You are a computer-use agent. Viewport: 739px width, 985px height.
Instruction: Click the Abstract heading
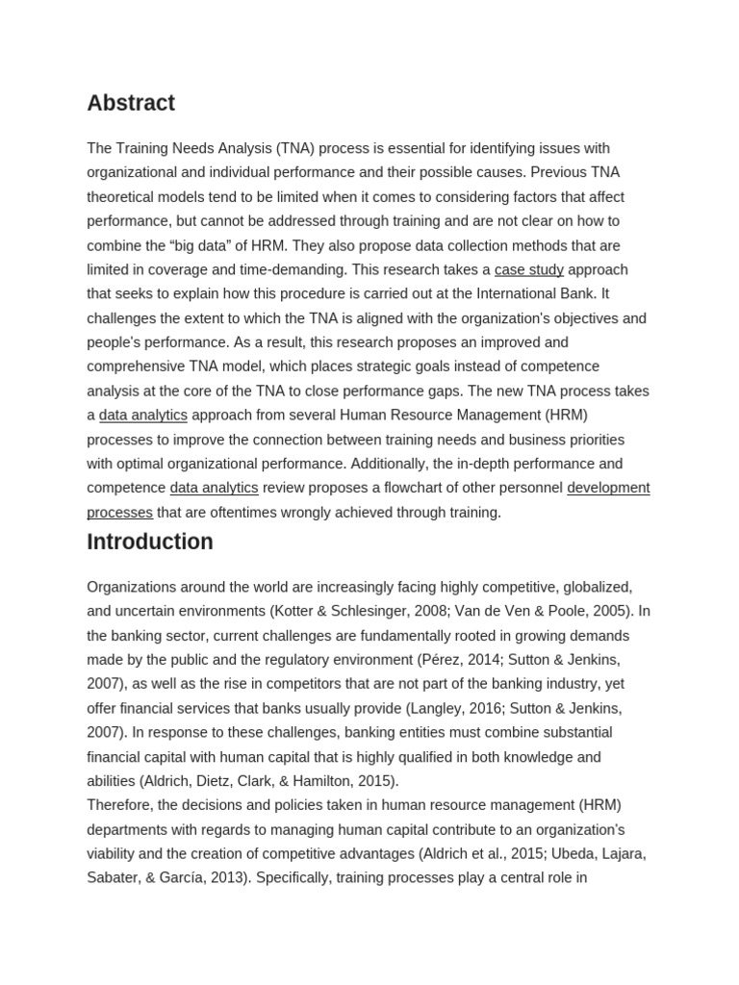(131, 103)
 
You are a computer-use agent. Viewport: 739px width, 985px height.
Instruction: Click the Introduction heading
(150, 542)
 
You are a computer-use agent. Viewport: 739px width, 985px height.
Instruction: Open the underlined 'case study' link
(528, 269)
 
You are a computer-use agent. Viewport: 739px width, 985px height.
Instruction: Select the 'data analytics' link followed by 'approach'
(143, 415)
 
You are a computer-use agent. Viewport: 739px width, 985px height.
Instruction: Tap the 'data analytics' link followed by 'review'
(214, 488)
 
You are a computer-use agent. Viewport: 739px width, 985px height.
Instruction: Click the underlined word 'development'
(608, 488)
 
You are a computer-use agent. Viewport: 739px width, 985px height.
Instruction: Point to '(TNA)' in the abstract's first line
(294, 148)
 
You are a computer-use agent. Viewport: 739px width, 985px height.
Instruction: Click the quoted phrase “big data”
(205, 245)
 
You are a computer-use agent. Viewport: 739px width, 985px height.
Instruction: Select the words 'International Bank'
(538, 293)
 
